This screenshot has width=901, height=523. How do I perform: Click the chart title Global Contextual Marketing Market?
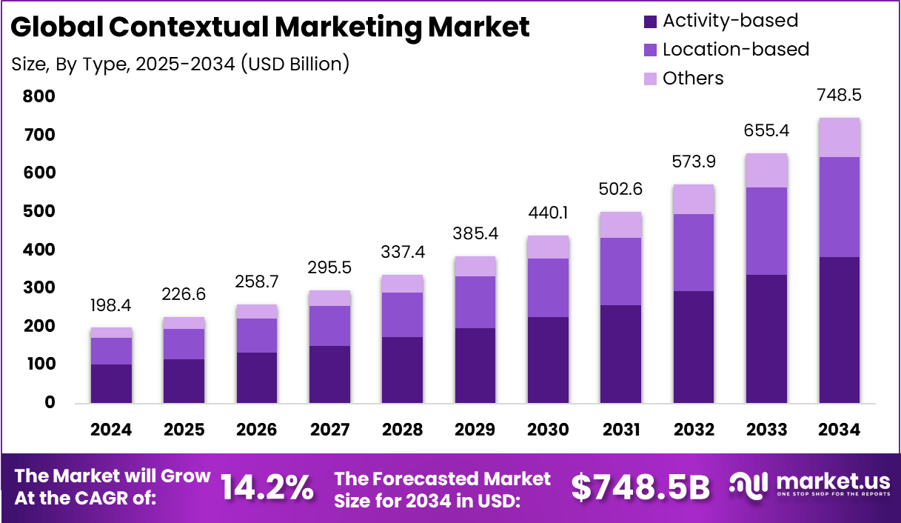[270, 27]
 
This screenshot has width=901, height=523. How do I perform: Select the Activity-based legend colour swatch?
[651, 21]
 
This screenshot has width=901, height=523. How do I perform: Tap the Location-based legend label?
[735, 50]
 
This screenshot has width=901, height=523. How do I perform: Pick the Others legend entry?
[693, 79]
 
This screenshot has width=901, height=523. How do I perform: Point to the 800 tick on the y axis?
[39, 96]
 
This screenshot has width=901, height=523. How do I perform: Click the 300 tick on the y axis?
[39, 287]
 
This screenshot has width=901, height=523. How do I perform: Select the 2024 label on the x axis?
[111, 430]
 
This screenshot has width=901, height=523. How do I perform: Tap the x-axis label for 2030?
[548, 430]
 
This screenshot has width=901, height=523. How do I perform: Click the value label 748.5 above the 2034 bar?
[839, 96]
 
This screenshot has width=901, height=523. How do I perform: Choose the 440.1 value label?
[548, 213]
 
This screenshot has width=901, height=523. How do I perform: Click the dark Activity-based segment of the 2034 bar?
[839, 330]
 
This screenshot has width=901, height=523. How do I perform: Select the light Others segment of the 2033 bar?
[766, 170]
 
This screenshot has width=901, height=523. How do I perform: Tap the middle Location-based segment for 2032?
[694, 252]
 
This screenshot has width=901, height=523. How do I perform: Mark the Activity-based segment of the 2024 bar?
[111, 383]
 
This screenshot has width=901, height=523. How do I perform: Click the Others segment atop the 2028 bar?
[402, 284]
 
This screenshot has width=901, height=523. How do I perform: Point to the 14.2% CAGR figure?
[267, 487]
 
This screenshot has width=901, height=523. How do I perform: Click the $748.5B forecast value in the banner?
[640, 487]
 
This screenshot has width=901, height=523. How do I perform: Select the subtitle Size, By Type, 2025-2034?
[180, 64]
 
